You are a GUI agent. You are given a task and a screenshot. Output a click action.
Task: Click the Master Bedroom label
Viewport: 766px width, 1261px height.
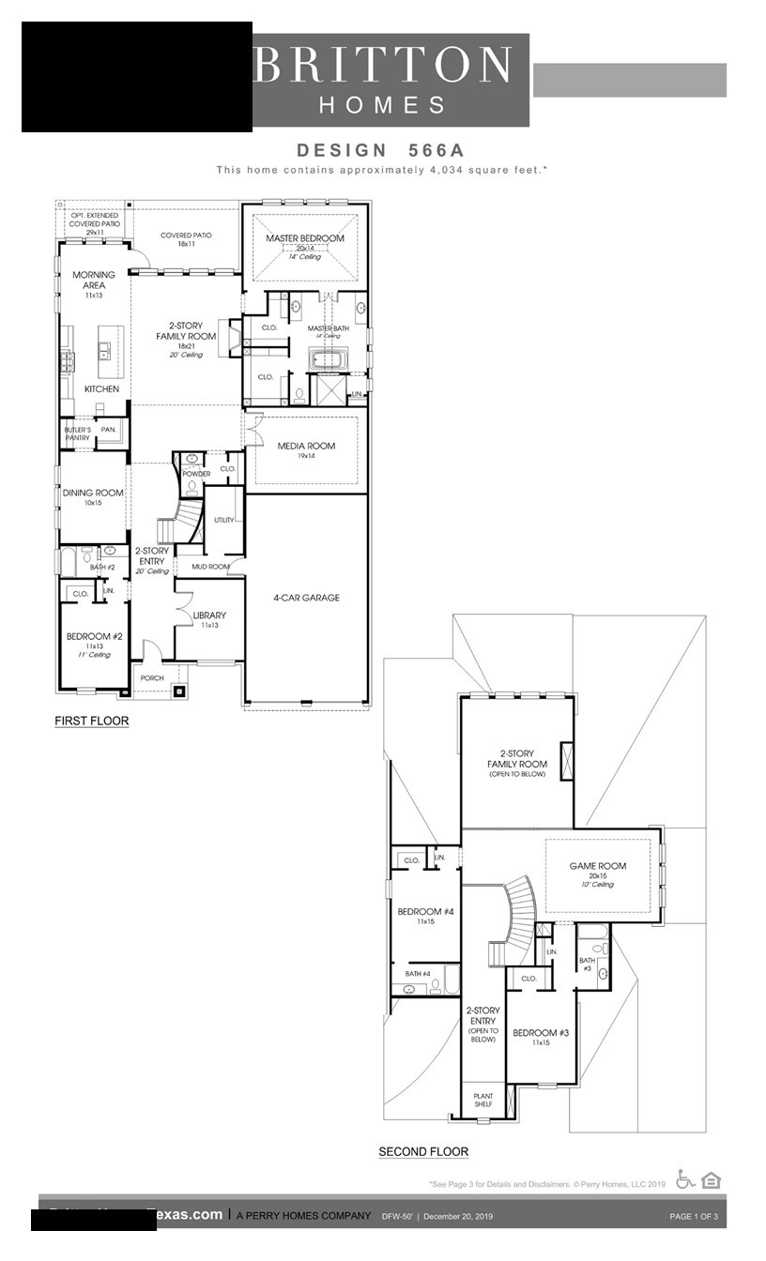pyautogui.click(x=304, y=239)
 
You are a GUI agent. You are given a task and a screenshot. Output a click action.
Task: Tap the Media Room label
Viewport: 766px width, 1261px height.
pyautogui.click(x=305, y=446)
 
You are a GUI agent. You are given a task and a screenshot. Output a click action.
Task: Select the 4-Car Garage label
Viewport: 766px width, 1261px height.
pyautogui.click(x=306, y=598)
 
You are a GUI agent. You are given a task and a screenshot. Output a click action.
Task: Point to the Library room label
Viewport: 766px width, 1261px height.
pyautogui.click(x=209, y=615)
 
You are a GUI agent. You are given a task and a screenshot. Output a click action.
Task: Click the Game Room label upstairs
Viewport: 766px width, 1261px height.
pyautogui.click(x=598, y=866)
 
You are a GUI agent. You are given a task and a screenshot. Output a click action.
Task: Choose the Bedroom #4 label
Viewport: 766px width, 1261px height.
pyautogui.click(x=425, y=912)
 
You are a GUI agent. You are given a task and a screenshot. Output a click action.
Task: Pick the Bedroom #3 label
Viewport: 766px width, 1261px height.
pyautogui.click(x=541, y=1033)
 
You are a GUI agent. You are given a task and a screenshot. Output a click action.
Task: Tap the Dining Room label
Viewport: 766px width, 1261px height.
pyautogui.click(x=93, y=493)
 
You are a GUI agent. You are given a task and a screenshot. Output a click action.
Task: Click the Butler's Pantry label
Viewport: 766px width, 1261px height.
pyautogui.click(x=78, y=433)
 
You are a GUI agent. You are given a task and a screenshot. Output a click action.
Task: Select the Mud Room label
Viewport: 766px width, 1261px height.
pyautogui.click(x=210, y=567)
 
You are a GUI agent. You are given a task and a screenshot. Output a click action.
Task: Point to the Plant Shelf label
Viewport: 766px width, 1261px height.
pyautogui.click(x=483, y=1100)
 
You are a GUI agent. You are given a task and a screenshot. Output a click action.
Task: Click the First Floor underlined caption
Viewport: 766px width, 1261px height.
pyautogui.click(x=91, y=721)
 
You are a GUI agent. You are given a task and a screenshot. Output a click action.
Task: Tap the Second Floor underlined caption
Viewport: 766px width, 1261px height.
pyautogui.click(x=423, y=1151)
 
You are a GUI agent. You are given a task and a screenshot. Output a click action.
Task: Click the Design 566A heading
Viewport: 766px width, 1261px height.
pyautogui.click(x=381, y=150)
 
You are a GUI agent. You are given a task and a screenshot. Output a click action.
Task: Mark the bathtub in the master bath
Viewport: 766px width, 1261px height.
pyautogui.click(x=328, y=359)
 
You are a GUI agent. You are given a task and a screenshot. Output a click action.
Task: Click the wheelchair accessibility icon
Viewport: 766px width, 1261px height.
pyautogui.click(x=685, y=1180)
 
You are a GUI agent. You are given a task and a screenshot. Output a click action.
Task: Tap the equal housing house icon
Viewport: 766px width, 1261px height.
pyautogui.click(x=711, y=1180)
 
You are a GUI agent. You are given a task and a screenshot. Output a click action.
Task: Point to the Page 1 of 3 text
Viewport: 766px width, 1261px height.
pyautogui.click(x=694, y=1217)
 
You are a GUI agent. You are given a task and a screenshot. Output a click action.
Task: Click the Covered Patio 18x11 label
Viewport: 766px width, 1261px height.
pyautogui.click(x=184, y=239)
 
